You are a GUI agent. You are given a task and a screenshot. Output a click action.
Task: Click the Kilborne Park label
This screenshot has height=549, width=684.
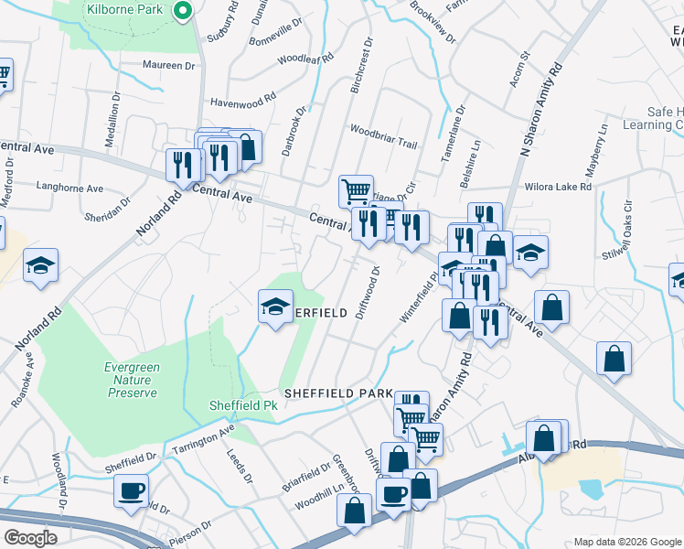[x=124, y=10]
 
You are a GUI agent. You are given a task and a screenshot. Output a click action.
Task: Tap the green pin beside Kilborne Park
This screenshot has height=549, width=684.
[x=182, y=11]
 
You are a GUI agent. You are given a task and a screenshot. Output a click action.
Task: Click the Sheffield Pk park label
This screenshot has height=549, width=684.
[x=243, y=404]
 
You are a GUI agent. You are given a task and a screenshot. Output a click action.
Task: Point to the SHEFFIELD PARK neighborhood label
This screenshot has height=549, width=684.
[x=338, y=393]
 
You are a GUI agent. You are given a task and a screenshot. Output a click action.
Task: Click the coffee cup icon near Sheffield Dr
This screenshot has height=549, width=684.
[x=131, y=490]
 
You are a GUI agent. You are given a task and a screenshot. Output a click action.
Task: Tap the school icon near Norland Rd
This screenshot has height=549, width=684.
[x=40, y=265]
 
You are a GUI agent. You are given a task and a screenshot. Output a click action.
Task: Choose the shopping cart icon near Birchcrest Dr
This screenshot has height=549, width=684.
[x=356, y=191]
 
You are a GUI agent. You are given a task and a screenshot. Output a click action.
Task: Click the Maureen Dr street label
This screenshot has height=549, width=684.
[x=169, y=65]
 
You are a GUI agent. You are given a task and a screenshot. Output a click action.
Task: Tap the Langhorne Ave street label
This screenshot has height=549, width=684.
[x=69, y=187]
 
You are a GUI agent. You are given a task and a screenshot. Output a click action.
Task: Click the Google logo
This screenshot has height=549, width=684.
[x=29, y=538]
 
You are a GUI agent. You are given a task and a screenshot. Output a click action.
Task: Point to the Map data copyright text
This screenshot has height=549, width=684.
[x=627, y=542]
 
